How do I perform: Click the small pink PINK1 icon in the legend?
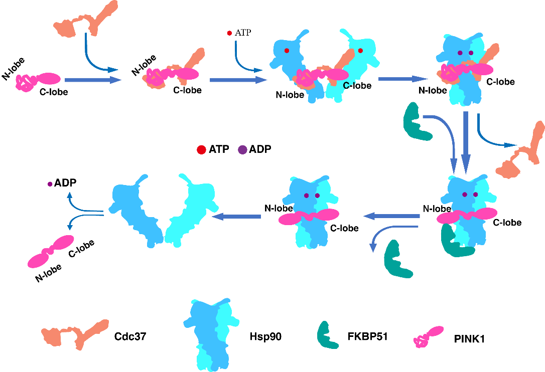pyautogui.click(x=428, y=336)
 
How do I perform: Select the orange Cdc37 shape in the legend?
pyautogui.click(x=75, y=333)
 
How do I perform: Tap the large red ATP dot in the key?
pyautogui.click(x=201, y=149)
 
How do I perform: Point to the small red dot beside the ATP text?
pyautogui.click(x=229, y=33)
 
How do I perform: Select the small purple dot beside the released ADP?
pyautogui.click(x=50, y=184)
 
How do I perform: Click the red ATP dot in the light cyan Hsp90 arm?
pyautogui.click(x=360, y=51)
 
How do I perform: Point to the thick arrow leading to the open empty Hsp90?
pyautogui.click(x=236, y=217)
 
